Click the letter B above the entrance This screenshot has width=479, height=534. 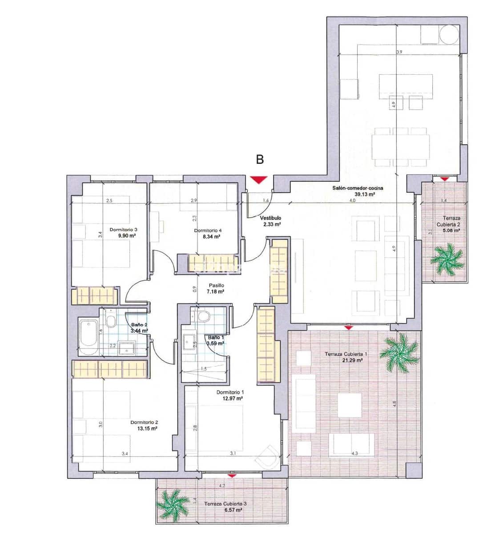(259, 160)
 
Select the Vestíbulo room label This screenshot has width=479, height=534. (271, 218)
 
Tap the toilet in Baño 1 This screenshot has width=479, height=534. (204, 316)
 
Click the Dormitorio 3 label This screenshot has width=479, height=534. (123, 230)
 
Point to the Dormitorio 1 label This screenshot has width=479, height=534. (230, 392)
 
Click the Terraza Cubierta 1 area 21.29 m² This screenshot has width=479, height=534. (354, 360)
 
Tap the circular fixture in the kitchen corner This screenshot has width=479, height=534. (448, 34)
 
